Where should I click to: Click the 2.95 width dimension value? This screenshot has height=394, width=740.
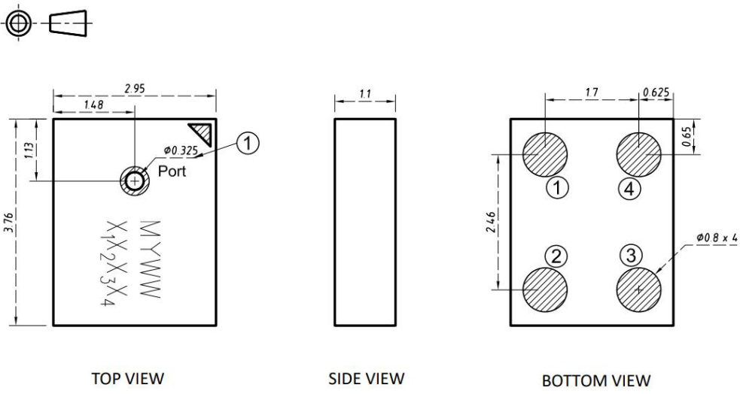pos(135,89)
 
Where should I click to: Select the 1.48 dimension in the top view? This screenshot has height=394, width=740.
pos(93,105)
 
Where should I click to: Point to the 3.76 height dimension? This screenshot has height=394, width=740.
pos(11,223)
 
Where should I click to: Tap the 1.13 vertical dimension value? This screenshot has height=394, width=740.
pos(29,150)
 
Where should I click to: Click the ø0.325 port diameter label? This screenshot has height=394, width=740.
pos(181,151)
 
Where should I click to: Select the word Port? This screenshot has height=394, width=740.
pos(172,171)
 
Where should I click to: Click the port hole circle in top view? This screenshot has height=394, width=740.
pos(135,180)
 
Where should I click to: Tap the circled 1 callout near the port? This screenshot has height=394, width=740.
pos(248,142)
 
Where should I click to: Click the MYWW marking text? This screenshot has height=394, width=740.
pos(151,259)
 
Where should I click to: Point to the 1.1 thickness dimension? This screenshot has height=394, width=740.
pos(365,94)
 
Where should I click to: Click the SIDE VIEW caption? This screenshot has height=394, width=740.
pos(366,378)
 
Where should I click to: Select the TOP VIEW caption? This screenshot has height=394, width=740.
pos(128,378)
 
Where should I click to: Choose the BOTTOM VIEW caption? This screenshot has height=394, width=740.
pos(596,380)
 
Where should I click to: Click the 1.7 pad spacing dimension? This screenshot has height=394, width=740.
pos(592,92)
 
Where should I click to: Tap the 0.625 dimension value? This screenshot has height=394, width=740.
pos(656,92)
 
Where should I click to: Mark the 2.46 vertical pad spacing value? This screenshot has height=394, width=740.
pos(491,222)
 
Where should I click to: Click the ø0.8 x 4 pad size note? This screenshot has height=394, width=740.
pos(717,238)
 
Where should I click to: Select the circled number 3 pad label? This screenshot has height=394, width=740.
pos(631,256)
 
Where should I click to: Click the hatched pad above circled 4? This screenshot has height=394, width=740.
pos(638,155)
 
